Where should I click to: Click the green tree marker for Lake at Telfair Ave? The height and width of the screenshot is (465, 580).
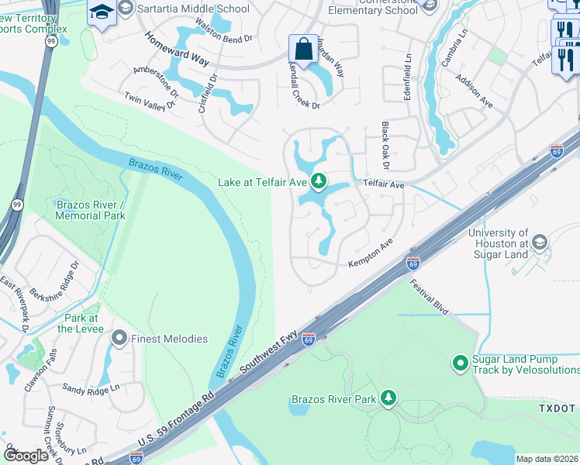click(x=318, y=182)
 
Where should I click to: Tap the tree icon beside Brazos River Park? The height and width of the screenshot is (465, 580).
click(x=388, y=399)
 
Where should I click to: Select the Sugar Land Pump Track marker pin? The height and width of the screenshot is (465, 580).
click(x=460, y=362)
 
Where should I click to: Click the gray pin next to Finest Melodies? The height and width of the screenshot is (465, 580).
click(x=119, y=338)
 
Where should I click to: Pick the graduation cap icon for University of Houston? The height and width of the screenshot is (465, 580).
click(x=540, y=243)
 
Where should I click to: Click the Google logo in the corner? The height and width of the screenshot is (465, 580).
click(x=26, y=456)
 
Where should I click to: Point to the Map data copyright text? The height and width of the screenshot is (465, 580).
click(x=547, y=459)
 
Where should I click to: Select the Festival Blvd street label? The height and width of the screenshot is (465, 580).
click(x=430, y=297)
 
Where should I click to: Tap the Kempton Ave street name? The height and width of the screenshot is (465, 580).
click(x=371, y=253)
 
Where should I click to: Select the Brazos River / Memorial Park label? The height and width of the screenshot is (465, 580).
click(x=91, y=210)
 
